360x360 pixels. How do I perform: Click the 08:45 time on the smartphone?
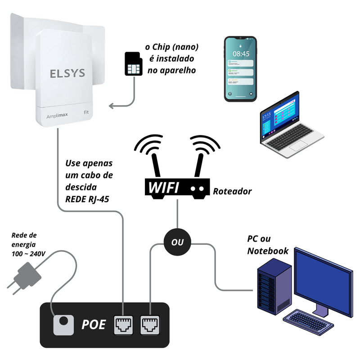[241, 54]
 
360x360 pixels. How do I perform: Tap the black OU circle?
[177, 242]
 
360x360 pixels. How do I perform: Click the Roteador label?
[233, 192]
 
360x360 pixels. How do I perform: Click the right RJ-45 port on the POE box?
[149, 324]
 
